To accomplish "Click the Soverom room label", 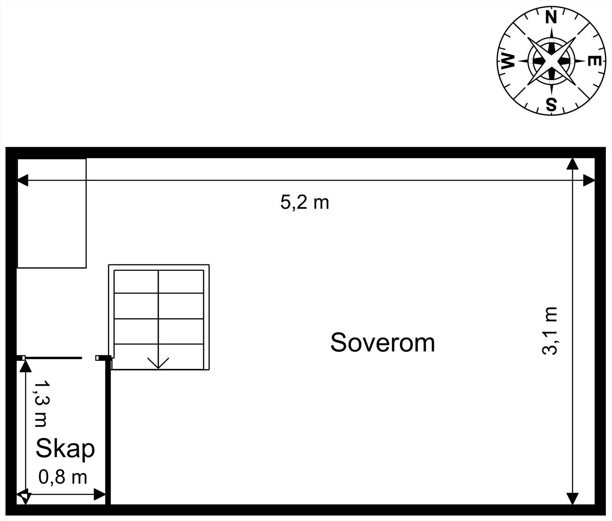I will (382, 342).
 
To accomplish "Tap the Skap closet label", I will (65, 448).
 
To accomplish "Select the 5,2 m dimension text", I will (304, 202).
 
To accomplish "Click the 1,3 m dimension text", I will (41, 403).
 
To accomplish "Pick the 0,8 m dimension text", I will (63, 477).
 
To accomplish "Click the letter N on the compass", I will (551, 18).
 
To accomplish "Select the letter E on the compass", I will (594, 61).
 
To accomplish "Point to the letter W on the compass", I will (508, 61).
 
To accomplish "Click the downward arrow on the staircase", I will (158, 362).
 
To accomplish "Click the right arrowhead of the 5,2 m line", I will (589, 180).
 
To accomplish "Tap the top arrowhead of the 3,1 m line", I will (572, 164).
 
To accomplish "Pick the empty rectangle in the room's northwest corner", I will (52, 213).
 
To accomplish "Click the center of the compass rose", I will (551, 61).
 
